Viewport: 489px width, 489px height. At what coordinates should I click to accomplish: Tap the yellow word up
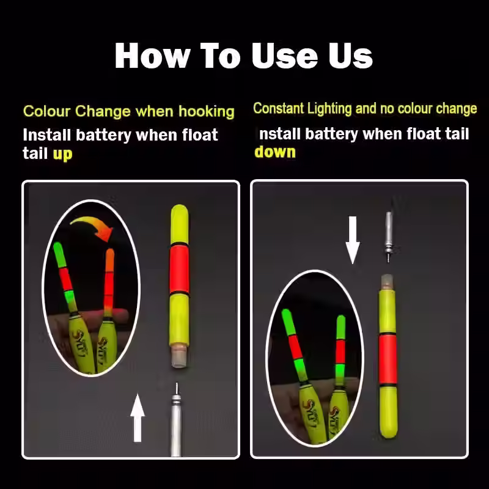pyautogui.click(x=62, y=155)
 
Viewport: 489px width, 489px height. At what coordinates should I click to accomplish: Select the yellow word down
pyautogui.click(x=274, y=152)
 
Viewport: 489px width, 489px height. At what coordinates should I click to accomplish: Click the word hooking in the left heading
pyautogui.click(x=206, y=112)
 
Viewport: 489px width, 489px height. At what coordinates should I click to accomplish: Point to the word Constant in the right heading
pyautogui.click(x=279, y=108)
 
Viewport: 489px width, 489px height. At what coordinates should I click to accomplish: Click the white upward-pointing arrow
pyautogui.click(x=137, y=417)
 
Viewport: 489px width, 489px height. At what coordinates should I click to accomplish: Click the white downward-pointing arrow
pyautogui.click(x=353, y=240)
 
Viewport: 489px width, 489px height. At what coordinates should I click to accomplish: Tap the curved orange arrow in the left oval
pyautogui.click(x=92, y=227)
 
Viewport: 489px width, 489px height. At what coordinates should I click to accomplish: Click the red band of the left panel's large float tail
pyautogui.click(x=179, y=269)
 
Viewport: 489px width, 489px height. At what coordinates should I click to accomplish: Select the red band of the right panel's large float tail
pyautogui.click(x=388, y=359)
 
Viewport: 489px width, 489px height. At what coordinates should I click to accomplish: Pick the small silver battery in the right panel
pyautogui.click(x=389, y=237)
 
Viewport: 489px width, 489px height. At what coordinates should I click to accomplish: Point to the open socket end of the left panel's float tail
pyautogui.click(x=179, y=359)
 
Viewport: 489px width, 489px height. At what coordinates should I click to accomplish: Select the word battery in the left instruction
pyautogui.click(x=103, y=135)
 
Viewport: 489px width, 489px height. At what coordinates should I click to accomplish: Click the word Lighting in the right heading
pyautogui.click(x=329, y=108)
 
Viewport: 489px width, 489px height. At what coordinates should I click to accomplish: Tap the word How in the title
pyautogui.click(x=152, y=56)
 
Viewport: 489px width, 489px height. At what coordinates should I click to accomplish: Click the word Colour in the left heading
pyautogui.click(x=47, y=111)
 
